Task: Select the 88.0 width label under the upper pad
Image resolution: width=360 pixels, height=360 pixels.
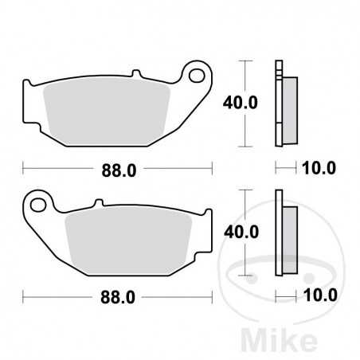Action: point(116,168)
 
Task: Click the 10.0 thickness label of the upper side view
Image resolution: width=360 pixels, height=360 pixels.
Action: point(321,168)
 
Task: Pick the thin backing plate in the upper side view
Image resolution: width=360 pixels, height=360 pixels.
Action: point(279,104)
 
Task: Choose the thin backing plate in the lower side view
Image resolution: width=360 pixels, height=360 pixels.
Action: point(279,231)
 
